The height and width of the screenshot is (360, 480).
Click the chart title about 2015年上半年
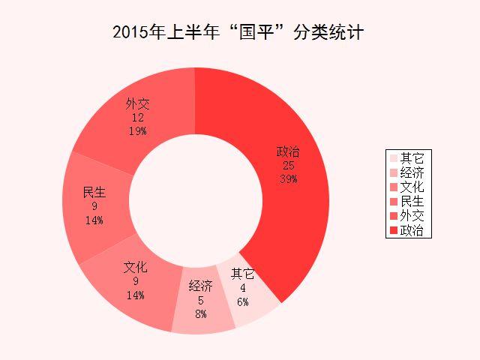pos(239,33)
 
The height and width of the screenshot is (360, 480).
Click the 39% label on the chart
pos(288,178)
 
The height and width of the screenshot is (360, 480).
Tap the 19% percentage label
pos(136,130)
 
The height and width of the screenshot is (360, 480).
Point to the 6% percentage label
pos(242,301)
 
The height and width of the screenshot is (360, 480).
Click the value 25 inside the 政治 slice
pos(288,166)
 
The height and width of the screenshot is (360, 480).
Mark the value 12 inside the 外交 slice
pos(137,118)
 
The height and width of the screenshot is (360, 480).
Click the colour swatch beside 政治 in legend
pos(394,230)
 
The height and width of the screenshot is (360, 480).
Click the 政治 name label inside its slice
pos(288,153)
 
